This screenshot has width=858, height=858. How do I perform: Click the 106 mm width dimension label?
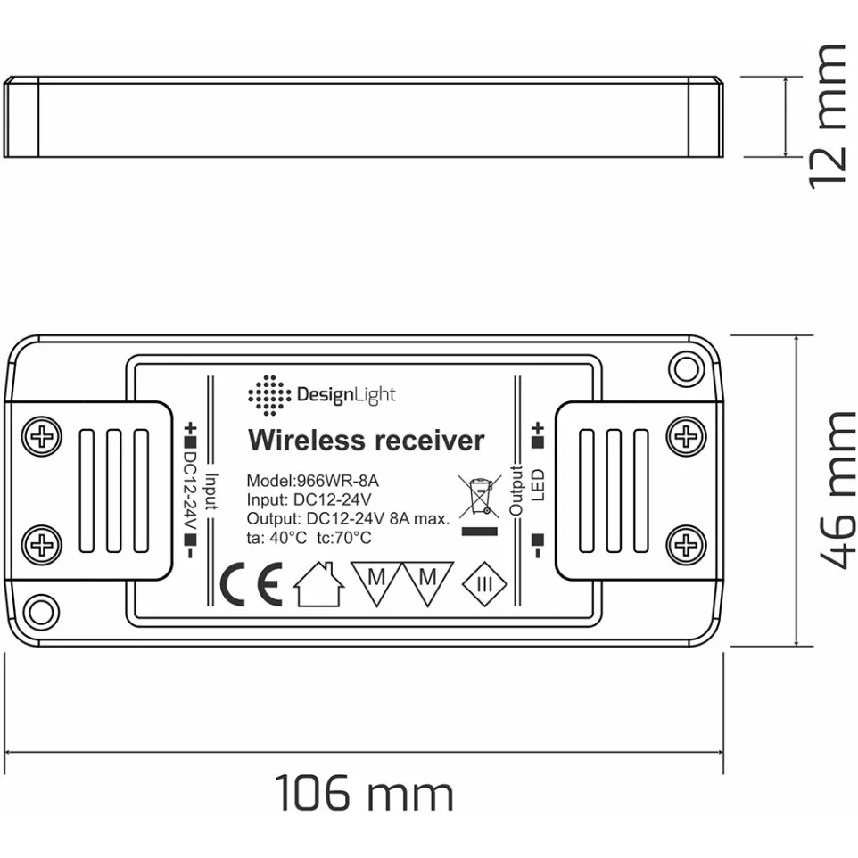point(364,793)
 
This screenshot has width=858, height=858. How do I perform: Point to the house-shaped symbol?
point(318,584)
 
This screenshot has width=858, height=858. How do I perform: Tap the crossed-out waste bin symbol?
point(481,498)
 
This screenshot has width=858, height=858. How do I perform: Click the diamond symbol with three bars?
point(484,585)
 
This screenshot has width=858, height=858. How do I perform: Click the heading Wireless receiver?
point(366,441)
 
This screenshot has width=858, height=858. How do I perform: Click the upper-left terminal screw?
point(42,437)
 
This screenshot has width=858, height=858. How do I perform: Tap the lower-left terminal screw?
point(42,543)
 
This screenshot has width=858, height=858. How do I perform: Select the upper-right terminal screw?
point(686,436)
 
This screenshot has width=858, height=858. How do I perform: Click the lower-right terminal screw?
point(686,542)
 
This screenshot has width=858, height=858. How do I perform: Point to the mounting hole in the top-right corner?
point(684,368)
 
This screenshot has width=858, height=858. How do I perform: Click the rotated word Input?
point(210,491)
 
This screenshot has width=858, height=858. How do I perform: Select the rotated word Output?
point(516,490)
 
